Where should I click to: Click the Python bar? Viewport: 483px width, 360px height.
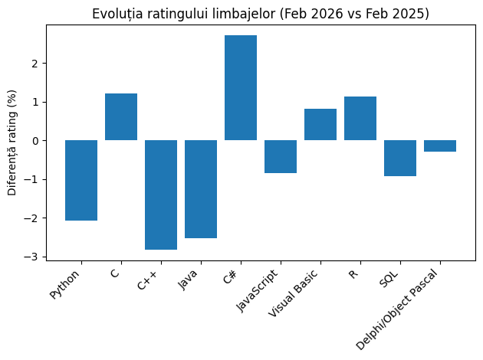[x=81, y=180]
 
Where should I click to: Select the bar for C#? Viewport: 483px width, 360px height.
[x=241, y=88]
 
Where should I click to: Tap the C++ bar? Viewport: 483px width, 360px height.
[x=161, y=195]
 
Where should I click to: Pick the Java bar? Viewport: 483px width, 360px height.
[x=201, y=189]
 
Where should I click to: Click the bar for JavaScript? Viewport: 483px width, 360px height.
[x=281, y=156]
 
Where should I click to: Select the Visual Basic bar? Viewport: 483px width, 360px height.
[x=320, y=125]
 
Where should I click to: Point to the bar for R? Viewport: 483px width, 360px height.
[x=360, y=119]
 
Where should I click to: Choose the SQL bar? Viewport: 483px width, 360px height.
[x=400, y=158]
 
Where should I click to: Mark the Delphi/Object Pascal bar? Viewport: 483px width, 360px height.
[x=440, y=146]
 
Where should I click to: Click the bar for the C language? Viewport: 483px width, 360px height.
[x=121, y=117]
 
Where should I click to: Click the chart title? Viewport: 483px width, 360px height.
[x=261, y=14]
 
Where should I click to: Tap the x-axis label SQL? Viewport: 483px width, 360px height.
[x=389, y=278]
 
